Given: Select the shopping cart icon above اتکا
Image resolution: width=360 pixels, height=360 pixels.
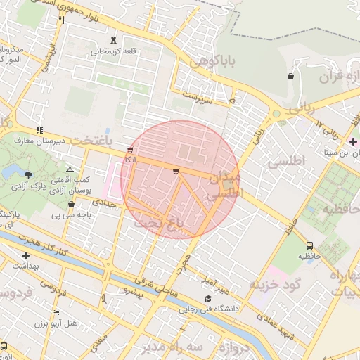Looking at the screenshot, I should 130,150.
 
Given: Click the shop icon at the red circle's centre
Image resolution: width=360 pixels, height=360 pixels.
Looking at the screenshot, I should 175,170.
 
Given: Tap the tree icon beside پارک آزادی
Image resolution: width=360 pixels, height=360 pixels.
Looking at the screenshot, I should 28,174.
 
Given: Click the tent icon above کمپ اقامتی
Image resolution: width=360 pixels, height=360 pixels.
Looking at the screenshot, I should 69,170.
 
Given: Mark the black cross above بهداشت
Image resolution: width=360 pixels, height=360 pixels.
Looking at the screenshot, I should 26,256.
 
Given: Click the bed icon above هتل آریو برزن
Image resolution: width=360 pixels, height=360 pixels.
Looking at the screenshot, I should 56,312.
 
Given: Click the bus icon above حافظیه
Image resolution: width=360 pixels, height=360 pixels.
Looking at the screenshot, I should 310,245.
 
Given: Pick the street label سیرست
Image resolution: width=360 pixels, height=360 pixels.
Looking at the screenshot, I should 197,96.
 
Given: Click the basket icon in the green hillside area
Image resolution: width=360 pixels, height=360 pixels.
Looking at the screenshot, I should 290,76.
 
